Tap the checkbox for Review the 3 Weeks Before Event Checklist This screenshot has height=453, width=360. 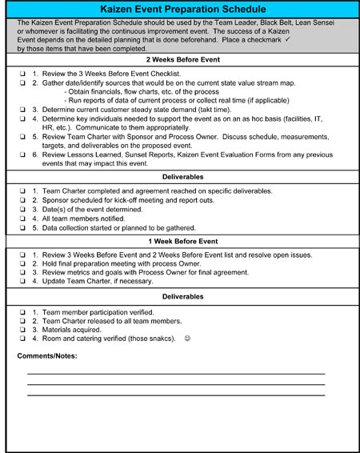(x=22, y=74)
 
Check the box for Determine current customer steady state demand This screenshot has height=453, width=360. (x=22, y=109)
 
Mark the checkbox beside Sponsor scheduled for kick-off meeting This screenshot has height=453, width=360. (x=22, y=201)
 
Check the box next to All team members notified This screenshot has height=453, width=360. (x=22, y=218)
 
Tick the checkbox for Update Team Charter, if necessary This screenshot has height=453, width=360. (x=22, y=281)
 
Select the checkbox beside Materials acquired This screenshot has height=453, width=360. (x=22, y=329)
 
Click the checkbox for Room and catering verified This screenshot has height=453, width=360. (x=22, y=338)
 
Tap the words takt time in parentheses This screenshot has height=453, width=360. (x=199, y=109)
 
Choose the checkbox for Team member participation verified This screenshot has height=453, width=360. (x=22, y=311)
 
